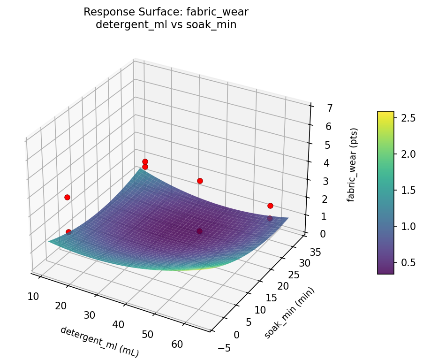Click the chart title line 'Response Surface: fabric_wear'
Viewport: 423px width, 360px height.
pyautogui.click(x=166, y=12)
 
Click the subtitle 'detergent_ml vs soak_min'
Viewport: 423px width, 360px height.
pyautogui.click(x=166, y=25)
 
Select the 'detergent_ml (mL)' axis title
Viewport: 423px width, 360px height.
pyautogui.click(x=99, y=342)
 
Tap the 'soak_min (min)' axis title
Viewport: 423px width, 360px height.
pyautogui.click(x=289, y=313)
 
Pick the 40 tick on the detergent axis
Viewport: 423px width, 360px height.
pyautogui.click(x=118, y=324)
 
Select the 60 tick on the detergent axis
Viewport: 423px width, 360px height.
pyautogui.click(x=177, y=345)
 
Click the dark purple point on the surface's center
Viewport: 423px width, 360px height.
pyautogui.click(x=200, y=231)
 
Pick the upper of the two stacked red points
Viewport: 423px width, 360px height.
pyautogui.click(x=145, y=161)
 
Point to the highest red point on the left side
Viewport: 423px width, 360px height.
pyautogui.click(x=67, y=197)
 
